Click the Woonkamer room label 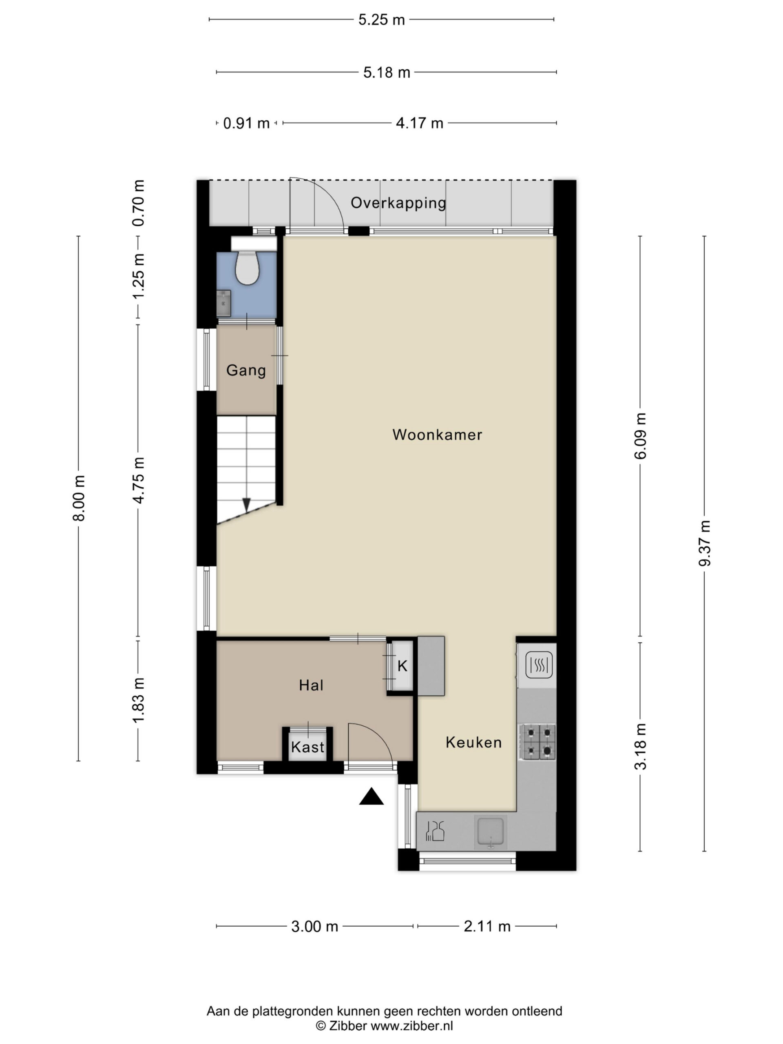click(x=437, y=435)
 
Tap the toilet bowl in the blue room click(x=247, y=267)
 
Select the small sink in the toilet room click(x=224, y=303)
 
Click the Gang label click(x=246, y=370)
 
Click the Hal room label click(x=311, y=685)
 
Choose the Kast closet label click(x=308, y=747)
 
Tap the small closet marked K click(x=402, y=666)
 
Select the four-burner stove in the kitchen click(x=537, y=741)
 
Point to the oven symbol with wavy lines click(x=539, y=666)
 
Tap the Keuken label click(x=473, y=742)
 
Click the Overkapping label click(x=398, y=203)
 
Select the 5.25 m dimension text click(x=381, y=20)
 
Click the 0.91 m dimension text click(x=246, y=123)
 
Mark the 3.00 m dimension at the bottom click(x=314, y=927)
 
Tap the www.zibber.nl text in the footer click(x=411, y=1025)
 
